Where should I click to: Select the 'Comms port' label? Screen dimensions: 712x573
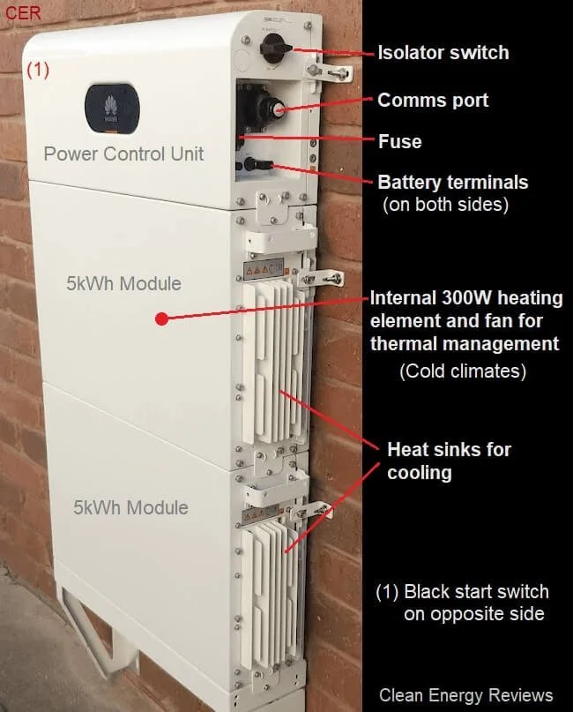(x=433, y=100)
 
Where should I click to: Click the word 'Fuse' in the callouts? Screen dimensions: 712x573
(x=399, y=141)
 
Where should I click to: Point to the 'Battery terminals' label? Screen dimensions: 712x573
(x=452, y=183)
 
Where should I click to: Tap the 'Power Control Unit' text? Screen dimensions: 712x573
(x=123, y=154)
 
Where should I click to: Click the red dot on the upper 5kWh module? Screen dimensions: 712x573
(x=161, y=318)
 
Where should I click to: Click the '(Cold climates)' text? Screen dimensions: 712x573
(x=463, y=371)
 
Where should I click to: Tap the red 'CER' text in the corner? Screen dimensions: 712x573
(x=23, y=14)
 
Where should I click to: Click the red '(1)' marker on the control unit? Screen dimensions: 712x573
(x=37, y=71)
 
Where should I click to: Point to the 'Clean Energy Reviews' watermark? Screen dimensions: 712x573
(x=465, y=695)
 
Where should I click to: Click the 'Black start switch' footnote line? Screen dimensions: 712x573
(x=463, y=591)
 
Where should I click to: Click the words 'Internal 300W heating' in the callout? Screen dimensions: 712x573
(x=465, y=298)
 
